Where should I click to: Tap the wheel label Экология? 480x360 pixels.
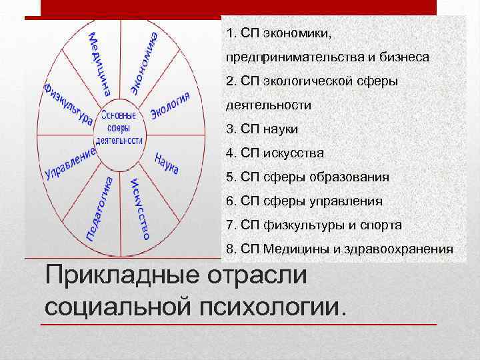(x=170, y=107)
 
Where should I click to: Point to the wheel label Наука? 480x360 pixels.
(x=167, y=163)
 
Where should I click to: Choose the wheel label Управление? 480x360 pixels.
(x=71, y=163)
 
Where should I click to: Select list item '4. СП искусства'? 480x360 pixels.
(x=275, y=153)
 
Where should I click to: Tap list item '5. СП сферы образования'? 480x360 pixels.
(x=307, y=177)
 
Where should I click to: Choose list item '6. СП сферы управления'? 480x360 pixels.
(x=304, y=201)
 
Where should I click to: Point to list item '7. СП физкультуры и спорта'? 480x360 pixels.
(x=314, y=225)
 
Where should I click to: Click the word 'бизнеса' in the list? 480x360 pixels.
(x=406, y=57)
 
